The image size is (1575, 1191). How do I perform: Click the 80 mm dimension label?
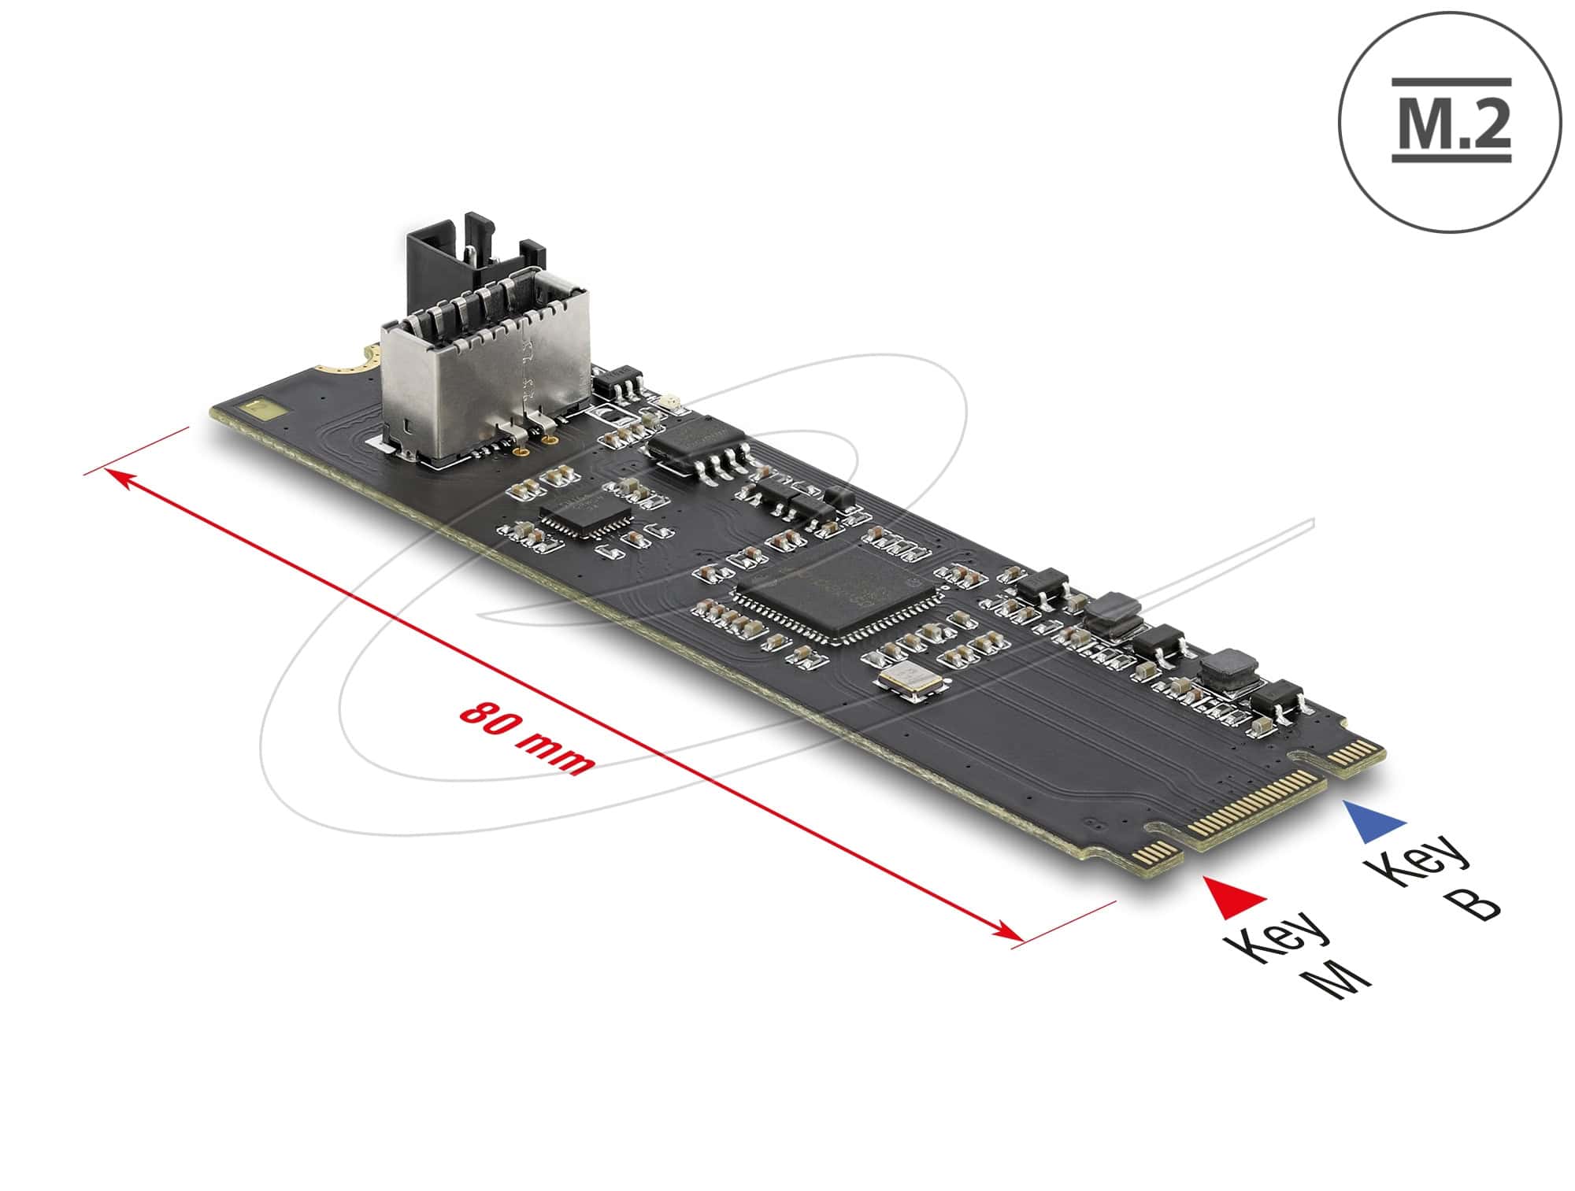525,738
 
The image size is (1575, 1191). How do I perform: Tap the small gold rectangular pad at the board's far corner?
259,409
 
